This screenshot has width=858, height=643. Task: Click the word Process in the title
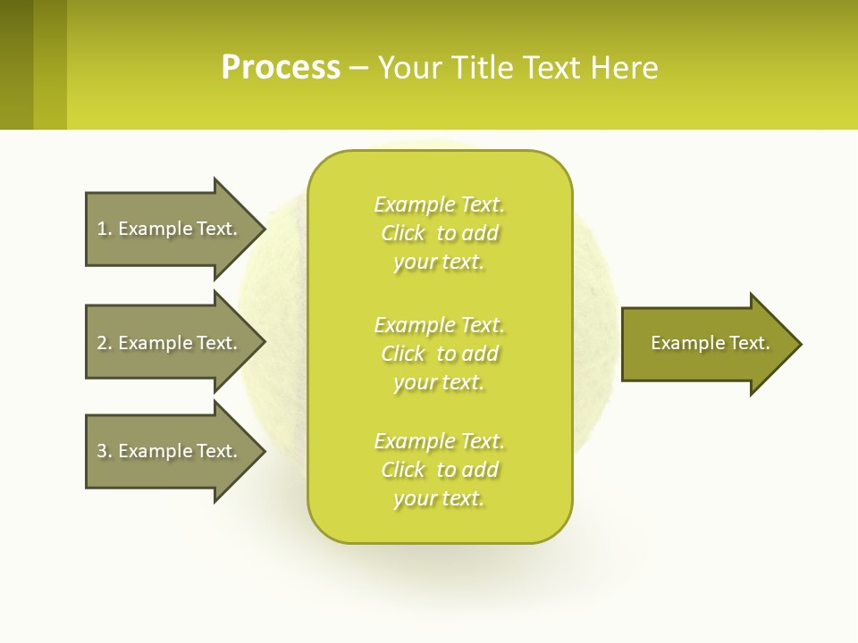point(281,68)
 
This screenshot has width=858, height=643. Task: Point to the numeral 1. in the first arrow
point(104,229)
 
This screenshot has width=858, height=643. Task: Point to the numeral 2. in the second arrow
point(104,343)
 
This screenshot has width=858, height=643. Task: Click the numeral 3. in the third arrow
point(104,451)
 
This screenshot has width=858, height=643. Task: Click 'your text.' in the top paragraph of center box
point(439,263)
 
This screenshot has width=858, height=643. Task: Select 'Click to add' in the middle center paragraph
point(439,354)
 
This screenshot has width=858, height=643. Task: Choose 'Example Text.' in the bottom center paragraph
point(439,441)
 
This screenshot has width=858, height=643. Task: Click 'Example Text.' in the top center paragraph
point(439,205)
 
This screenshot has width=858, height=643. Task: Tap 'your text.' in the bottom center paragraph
point(439,499)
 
